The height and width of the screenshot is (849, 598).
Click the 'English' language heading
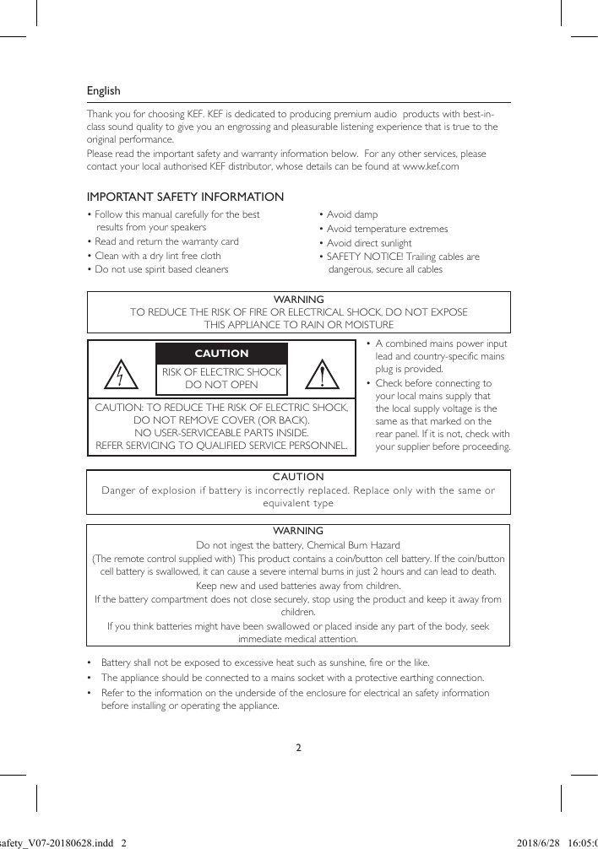(104, 91)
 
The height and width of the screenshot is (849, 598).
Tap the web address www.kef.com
(431, 167)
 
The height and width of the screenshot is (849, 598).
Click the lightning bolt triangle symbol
(122, 375)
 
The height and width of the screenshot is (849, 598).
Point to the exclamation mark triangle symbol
(322, 375)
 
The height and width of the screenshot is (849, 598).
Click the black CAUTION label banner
(221, 354)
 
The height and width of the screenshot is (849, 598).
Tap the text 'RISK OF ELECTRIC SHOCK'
(221, 372)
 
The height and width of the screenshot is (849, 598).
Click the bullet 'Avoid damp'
(352, 215)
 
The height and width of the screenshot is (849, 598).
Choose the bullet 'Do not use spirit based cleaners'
(161, 270)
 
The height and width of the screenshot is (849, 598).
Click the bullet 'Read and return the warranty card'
(166, 241)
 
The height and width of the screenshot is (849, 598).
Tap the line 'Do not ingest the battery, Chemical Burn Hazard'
(298, 545)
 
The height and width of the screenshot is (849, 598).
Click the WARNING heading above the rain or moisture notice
(299, 300)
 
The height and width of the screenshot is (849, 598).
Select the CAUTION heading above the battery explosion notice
(298, 477)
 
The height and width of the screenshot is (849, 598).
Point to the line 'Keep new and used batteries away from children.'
(298, 586)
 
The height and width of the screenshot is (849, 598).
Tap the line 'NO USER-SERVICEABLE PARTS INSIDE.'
(221, 432)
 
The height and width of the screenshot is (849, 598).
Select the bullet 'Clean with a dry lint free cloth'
(158, 256)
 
